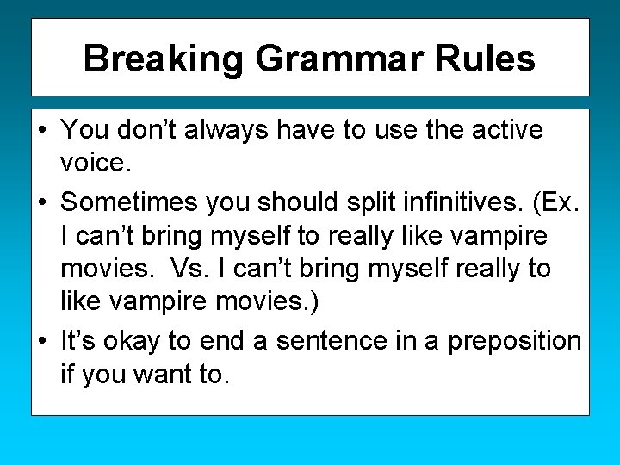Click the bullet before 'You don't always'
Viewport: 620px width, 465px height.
pyautogui.click(x=42, y=131)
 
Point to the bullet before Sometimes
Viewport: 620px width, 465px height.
pyautogui.click(x=42, y=201)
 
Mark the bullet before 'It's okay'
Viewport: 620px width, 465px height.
pyautogui.click(x=42, y=342)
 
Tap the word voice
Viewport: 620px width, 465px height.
pyautogui.click(x=95, y=164)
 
